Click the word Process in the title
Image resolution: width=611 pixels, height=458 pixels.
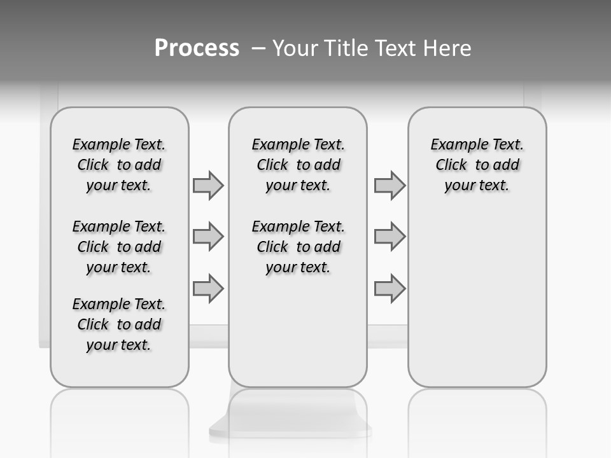[197, 48]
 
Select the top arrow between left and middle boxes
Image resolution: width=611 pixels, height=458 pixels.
[208, 186]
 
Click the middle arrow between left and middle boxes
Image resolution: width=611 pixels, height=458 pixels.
[208, 237]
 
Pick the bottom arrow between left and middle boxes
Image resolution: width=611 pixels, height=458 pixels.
[208, 288]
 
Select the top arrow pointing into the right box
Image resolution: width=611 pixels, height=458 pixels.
[390, 186]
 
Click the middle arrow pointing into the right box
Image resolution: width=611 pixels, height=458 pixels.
[390, 237]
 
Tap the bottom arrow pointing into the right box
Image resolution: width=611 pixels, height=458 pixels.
[390, 288]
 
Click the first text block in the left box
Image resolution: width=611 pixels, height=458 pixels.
[119, 165]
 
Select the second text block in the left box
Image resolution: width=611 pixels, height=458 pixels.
[119, 247]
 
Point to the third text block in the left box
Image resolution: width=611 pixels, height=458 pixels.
[119, 324]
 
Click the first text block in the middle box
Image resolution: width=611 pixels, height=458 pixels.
[298, 165]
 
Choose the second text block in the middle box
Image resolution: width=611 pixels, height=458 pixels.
[298, 247]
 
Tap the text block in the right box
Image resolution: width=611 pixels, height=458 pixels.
[477, 165]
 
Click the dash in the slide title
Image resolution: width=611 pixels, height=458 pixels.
[258, 48]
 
